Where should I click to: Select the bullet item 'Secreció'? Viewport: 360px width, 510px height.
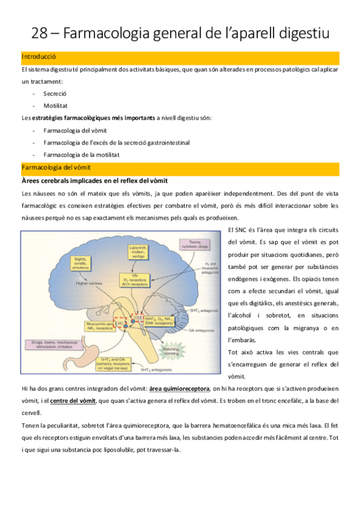pos(54,93)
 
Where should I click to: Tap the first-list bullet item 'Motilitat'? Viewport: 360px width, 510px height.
pos(55,105)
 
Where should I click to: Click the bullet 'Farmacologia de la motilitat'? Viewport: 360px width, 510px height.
pos(81,154)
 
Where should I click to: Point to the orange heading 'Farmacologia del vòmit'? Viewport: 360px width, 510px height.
pos(55,167)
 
